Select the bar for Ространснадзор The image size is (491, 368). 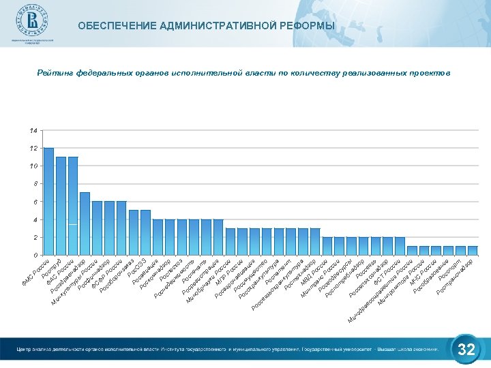pos(473,251)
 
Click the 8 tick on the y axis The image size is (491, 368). pos(35,184)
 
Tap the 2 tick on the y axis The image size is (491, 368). pos(35,238)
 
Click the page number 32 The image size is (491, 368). pos(466,350)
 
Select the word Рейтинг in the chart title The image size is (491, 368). pos(55,72)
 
